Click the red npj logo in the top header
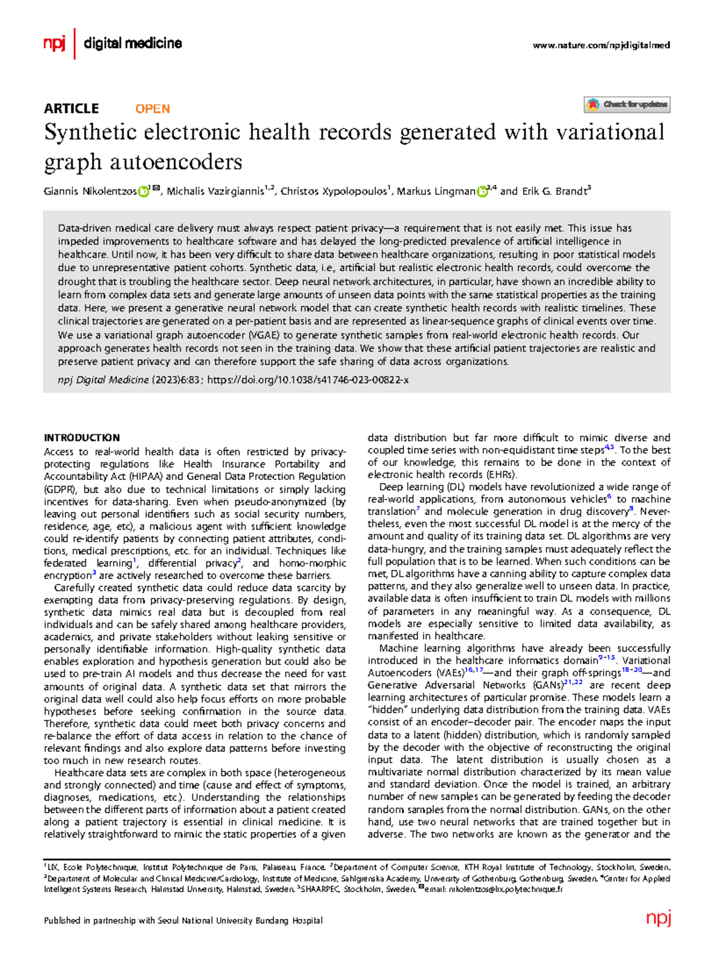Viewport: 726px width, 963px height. click(54, 44)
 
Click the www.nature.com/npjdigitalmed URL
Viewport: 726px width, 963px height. click(601, 45)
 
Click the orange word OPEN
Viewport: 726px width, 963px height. click(152, 109)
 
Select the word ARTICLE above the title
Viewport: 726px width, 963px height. click(71, 109)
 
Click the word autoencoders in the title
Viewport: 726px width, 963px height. click(176, 162)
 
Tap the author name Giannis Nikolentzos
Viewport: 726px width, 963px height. click(90, 192)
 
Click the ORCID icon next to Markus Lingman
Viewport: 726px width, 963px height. click(482, 192)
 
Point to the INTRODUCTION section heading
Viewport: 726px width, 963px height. click(82, 438)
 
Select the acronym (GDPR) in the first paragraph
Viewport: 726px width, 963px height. click(60, 489)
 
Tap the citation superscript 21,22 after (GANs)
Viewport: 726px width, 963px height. click(573, 683)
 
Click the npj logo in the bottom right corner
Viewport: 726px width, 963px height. click(658, 918)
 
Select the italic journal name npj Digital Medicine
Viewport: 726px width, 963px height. click(103, 380)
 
